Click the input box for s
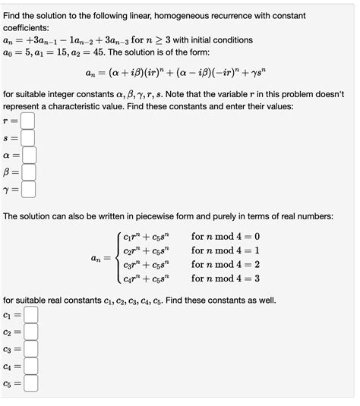[x=28, y=137]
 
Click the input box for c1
[x=31, y=314]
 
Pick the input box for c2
[x=31, y=332]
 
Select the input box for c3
[x=31, y=349]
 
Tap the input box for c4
[x=31, y=367]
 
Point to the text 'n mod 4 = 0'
[x=226, y=237]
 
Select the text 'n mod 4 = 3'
[x=226, y=279]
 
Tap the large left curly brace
[x=117, y=258]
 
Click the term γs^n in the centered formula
[x=256, y=74]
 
